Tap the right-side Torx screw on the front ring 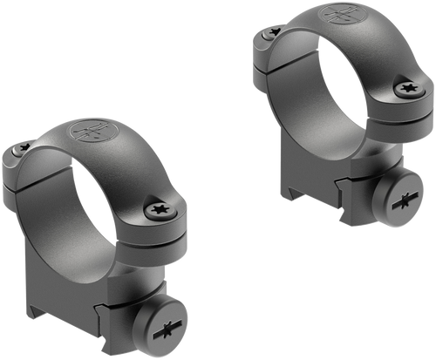tap(160, 209)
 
